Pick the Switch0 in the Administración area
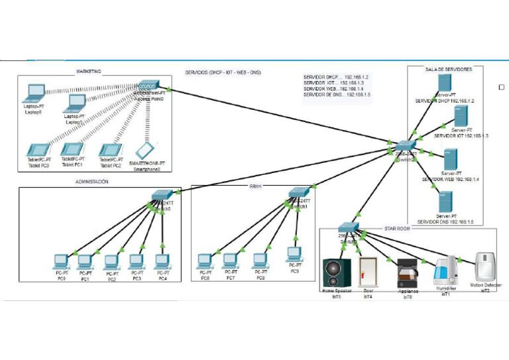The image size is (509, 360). tap(161, 195)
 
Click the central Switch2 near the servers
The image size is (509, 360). tap(404, 146)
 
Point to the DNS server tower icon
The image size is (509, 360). tap(445, 201)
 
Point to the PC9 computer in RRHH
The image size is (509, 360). tap(294, 255)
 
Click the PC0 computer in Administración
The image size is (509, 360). tap(61, 261)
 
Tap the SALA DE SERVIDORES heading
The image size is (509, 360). tap(448, 69)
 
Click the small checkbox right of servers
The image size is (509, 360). tap(501, 87)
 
